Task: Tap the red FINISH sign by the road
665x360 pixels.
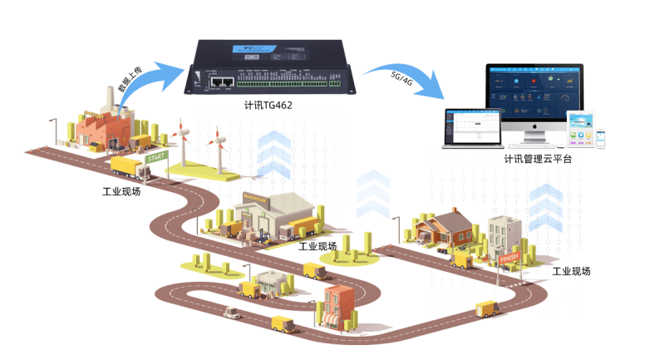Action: click(x=510, y=258)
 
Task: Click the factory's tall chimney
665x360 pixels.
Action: click(x=108, y=97)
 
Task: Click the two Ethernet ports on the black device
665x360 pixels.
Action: click(x=220, y=81)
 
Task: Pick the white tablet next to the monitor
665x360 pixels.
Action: click(x=581, y=129)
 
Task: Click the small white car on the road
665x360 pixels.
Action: click(x=230, y=313)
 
